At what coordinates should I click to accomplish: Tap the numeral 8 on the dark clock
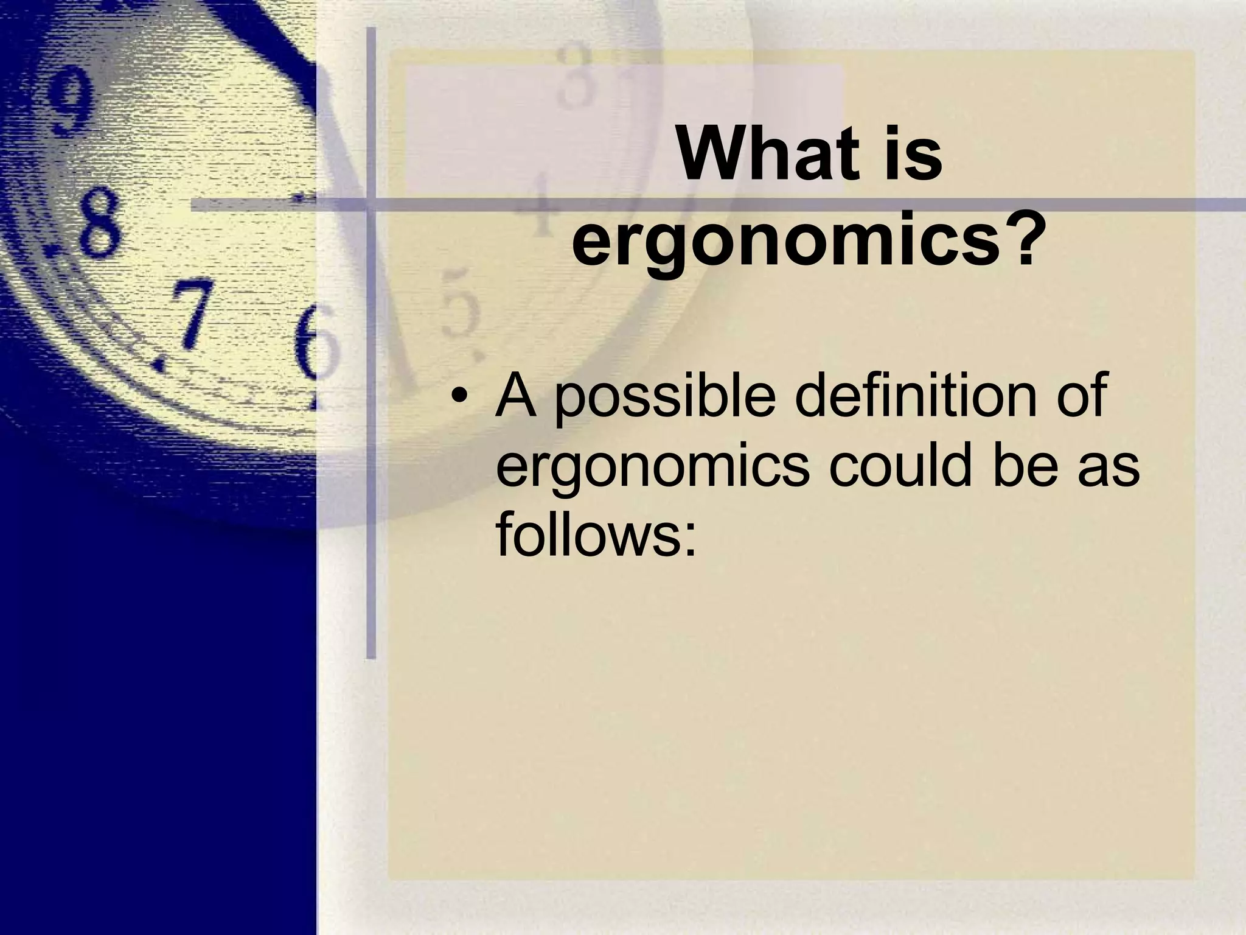tap(97, 222)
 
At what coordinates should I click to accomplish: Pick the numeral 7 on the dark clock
tap(189, 317)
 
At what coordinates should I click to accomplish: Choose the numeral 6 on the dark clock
tap(313, 341)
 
